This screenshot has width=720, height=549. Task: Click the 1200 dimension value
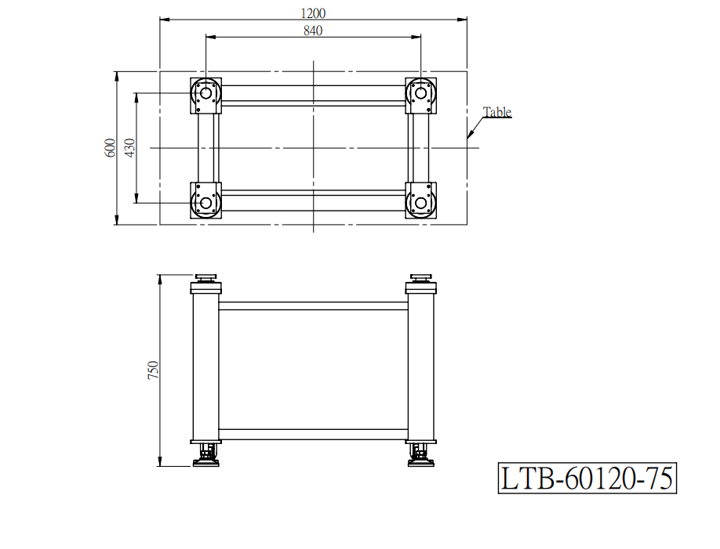pos(313,13)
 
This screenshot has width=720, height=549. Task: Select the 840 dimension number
pos(313,31)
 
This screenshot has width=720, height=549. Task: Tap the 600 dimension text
pos(111,148)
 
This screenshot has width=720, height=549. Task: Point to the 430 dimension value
pos(130,148)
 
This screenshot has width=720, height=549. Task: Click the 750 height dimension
pos(153,370)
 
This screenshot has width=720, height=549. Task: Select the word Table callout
pos(497,112)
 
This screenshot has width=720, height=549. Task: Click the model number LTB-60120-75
pos(587,479)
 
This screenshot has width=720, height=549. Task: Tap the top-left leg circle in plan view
pos(206,93)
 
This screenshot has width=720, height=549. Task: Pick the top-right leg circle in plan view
pos(420,93)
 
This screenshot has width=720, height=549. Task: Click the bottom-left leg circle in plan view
pos(206,203)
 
